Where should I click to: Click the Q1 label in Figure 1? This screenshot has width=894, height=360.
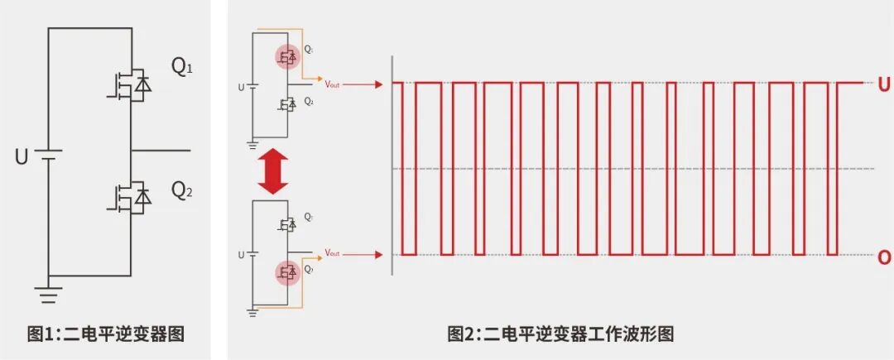(182, 67)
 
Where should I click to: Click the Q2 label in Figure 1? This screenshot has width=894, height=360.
(182, 191)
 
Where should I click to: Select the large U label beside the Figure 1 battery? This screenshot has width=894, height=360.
(22, 156)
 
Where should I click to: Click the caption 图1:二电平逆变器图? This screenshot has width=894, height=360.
(105, 334)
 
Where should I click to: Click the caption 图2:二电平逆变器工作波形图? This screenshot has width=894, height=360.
(560, 334)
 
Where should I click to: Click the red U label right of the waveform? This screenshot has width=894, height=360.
(883, 84)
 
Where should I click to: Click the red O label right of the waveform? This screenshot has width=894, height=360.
(883, 257)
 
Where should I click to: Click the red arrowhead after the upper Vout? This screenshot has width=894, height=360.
(377, 84)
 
